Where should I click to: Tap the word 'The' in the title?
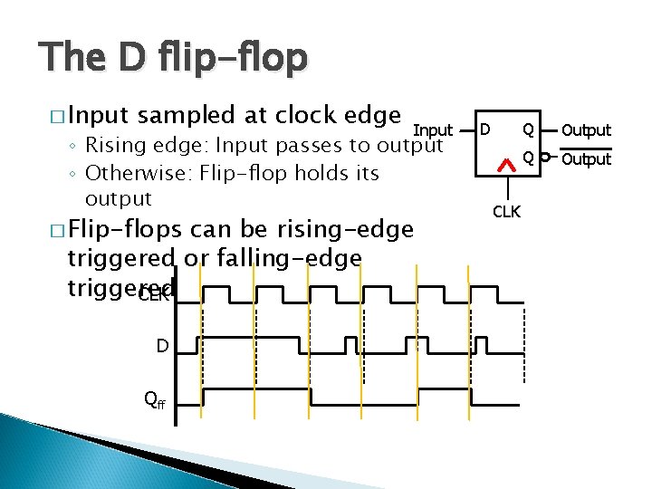(x=72, y=58)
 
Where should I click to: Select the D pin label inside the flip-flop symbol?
(x=485, y=130)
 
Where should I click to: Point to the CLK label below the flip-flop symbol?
(x=507, y=212)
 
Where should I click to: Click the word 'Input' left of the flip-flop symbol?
(x=433, y=131)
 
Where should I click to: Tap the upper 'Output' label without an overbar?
(x=586, y=130)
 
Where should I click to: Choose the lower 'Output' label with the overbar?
(x=586, y=159)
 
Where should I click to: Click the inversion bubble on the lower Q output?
(x=544, y=158)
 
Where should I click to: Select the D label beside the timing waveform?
(x=161, y=345)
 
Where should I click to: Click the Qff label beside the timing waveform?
(x=156, y=399)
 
